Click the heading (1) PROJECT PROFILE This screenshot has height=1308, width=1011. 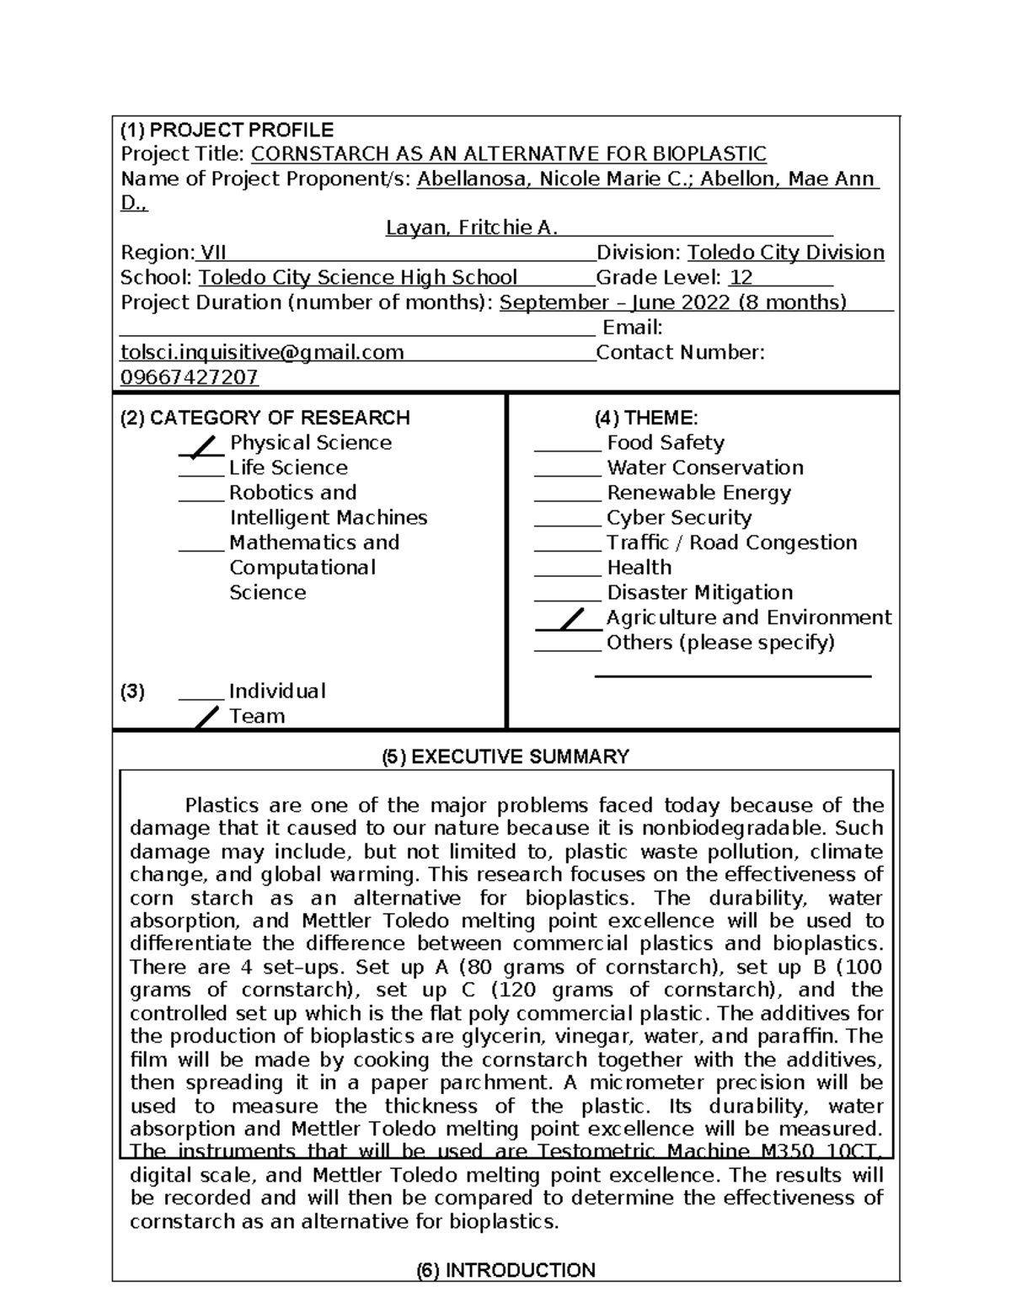click(x=227, y=130)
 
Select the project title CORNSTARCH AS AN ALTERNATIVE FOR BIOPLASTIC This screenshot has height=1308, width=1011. click(x=509, y=154)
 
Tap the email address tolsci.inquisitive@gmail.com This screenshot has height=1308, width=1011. click(x=262, y=352)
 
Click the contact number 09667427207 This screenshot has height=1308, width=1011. click(x=190, y=377)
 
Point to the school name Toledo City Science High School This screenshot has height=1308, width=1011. click(x=357, y=278)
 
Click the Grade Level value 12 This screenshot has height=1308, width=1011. click(x=741, y=278)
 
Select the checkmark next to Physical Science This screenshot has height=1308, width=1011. click(x=201, y=446)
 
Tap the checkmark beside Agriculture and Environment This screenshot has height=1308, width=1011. click(x=570, y=621)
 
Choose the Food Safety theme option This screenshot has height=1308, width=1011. click(x=665, y=443)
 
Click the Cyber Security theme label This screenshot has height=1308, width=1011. click(x=679, y=518)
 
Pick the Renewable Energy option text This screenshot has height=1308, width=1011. click(x=698, y=493)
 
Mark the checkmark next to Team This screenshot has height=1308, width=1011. click(x=206, y=718)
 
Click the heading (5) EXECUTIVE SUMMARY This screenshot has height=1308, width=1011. click(x=505, y=756)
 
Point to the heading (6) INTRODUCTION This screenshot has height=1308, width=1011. click(x=505, y=1270)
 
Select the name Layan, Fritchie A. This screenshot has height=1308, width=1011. click(x=472, y=228)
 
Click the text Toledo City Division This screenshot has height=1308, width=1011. click(x=785, y=253)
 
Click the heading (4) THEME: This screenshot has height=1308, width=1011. click(x=645, y=418)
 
